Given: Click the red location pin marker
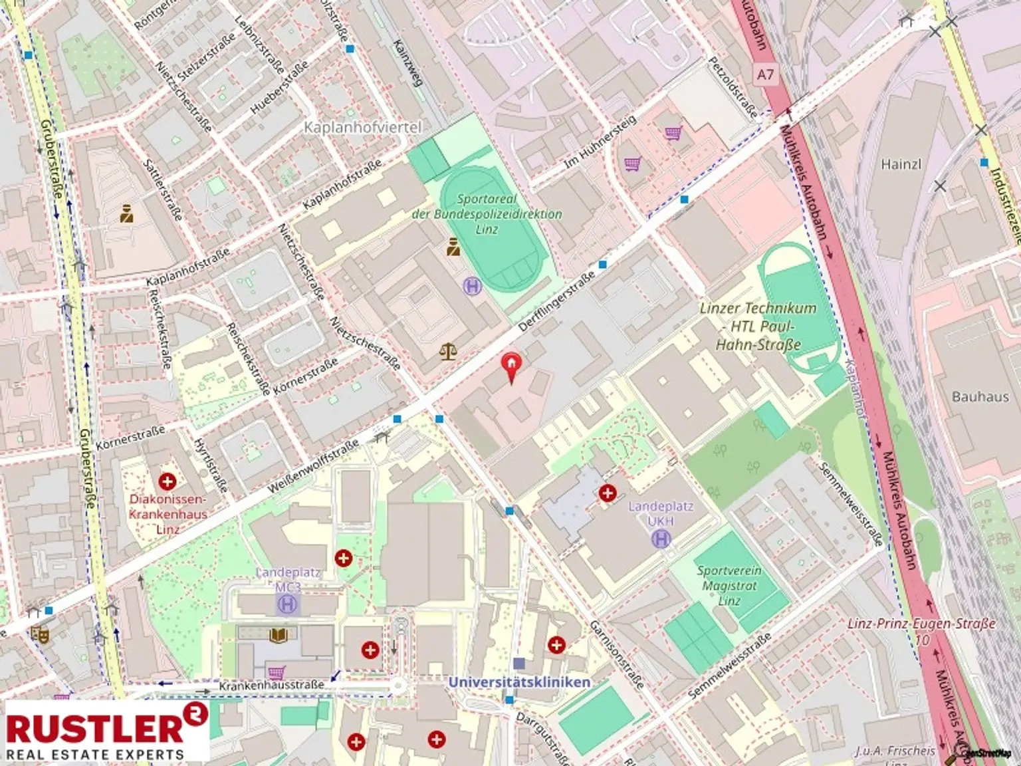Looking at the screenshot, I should (511, 367).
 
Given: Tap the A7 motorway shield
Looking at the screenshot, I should (765, 74).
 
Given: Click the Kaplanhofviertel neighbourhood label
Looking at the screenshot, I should (362, 126).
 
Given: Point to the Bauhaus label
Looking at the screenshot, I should (980, 396).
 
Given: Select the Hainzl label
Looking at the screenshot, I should (901, 164).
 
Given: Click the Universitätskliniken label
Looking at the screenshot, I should (519, 682).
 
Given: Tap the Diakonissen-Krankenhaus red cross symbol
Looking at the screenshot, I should (168, 480).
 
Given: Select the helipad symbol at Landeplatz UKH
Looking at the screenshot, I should (661, 538).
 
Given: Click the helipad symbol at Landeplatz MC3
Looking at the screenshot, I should (288, 604).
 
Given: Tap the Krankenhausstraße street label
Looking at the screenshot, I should (272, 685).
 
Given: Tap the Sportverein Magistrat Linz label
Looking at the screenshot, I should (729, 585).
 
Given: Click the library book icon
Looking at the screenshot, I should (279, 636).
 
